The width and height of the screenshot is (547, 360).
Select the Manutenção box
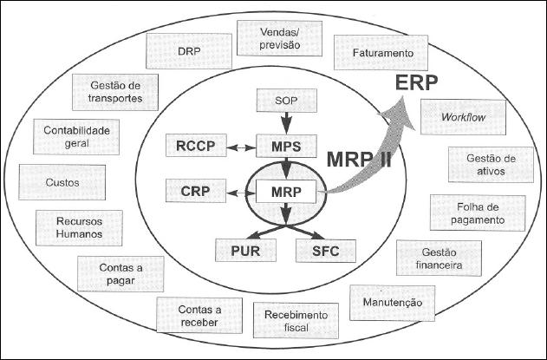coord(387,302)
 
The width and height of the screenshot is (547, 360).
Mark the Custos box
coord(62,183)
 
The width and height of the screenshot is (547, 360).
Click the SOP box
coord(284,101)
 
